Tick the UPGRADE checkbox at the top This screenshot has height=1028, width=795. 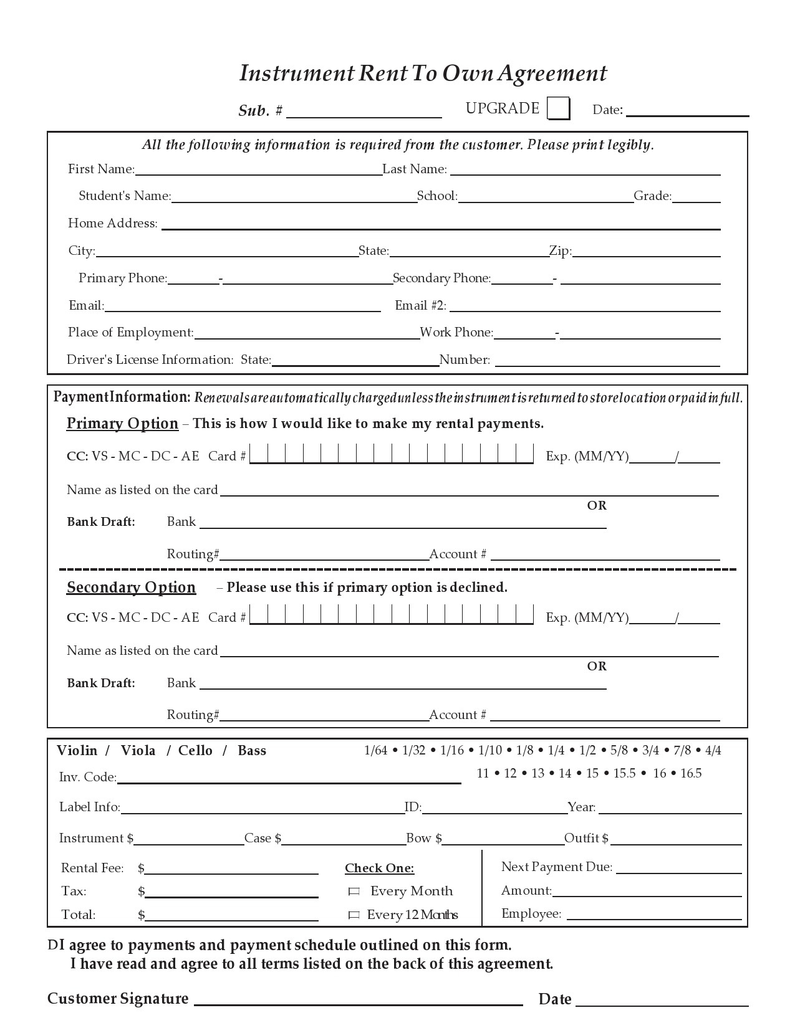click(558, 108)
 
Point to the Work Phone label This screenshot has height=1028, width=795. click(456, 332)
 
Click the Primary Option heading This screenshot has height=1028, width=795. click(122, 424)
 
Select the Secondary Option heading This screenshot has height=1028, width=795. click(131, 588)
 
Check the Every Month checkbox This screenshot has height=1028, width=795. click(354, 892)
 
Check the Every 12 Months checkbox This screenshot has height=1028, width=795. click(354, 915)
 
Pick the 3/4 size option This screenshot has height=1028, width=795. click(650, 751)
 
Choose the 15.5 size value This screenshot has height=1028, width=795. click(624, 774)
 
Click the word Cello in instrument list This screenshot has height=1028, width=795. click(195, 751)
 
